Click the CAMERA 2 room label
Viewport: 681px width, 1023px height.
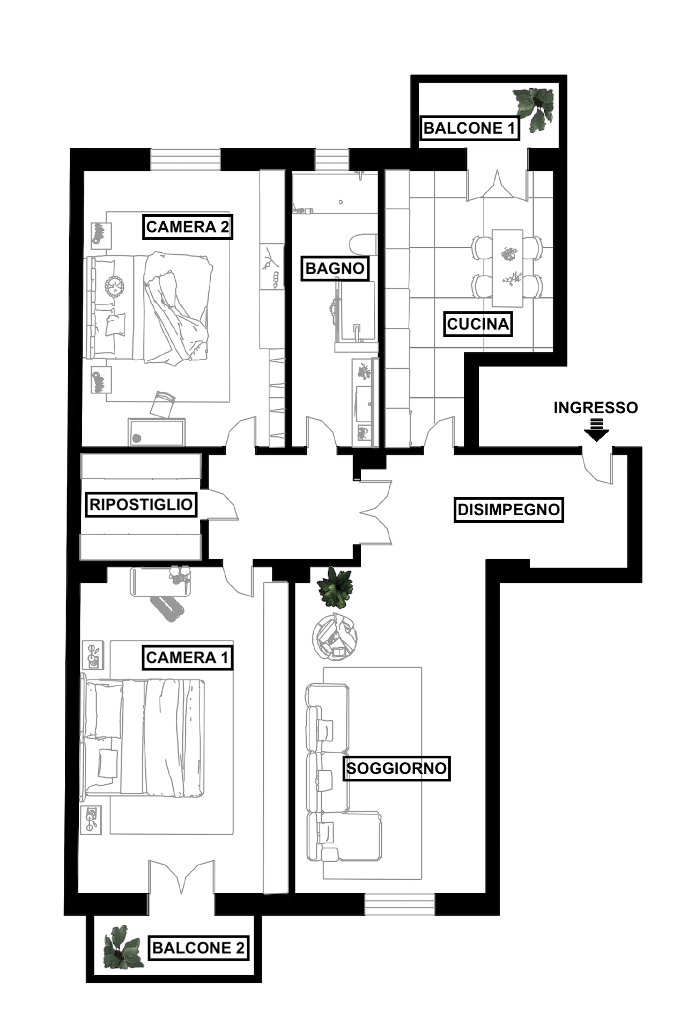[187, 226]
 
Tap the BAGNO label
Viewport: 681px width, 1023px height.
[335, 268]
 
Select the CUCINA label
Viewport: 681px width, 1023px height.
[478, 324]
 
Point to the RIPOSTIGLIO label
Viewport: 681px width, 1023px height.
[141, 505]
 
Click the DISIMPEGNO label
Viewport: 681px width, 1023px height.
[508, 509]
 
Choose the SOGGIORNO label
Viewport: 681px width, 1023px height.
[396, 768]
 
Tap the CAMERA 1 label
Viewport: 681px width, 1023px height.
[187, 657]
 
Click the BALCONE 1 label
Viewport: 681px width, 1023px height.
[469, 128]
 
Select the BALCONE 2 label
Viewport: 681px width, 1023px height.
[198, 947]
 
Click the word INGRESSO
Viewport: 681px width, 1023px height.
[596, 408]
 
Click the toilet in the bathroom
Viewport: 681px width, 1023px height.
[364, 244]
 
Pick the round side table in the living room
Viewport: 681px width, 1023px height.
[335, 637]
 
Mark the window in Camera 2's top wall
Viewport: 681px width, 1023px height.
[185, 159]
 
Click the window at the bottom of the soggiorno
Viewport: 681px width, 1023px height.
[399, 904]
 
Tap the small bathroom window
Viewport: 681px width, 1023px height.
[331, 159]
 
